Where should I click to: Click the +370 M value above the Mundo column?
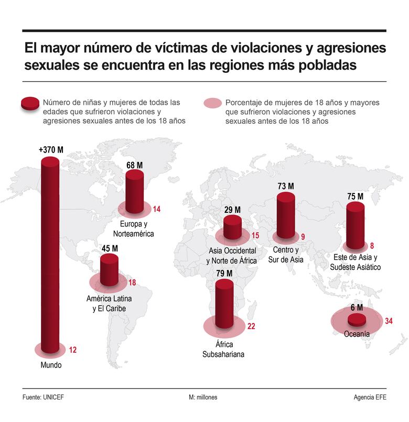[51, 149]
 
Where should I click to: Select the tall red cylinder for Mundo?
[51, 252]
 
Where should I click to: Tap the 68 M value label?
[135, 165]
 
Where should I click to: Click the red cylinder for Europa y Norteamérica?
[135, 191]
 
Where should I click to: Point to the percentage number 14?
[156, 209]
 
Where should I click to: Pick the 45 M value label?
[109, 248]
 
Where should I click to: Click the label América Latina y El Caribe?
[109, 304]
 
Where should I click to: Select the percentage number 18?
[132, 283]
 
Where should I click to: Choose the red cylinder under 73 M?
[286, 215]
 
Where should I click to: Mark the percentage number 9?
[303, 236]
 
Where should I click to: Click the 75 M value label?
[355, 197]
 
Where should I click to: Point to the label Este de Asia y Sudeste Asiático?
[355, 262]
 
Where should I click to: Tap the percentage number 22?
[251, 327]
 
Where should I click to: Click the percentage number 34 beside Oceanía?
[389, 321]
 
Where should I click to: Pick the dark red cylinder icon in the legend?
[29, 103]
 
